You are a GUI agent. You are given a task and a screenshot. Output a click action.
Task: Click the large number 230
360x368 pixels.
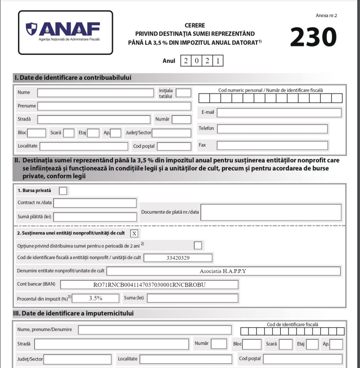[313, 37]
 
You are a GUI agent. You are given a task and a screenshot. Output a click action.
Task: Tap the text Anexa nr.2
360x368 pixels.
[326, 15]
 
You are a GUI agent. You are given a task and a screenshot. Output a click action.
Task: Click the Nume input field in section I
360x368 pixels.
[95, 93]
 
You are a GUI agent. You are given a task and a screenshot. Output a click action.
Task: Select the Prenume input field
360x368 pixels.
[114, 106]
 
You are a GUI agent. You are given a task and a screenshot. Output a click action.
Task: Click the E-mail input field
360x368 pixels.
[279, 112]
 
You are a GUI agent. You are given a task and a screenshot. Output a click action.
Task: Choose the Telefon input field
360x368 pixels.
[272, 129]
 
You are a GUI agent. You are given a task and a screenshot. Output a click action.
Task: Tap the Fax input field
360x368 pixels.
[272, 145]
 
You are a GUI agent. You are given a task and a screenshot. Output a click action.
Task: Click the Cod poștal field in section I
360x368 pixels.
[174, 146]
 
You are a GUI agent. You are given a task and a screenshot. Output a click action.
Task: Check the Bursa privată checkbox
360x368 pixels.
[63, 191]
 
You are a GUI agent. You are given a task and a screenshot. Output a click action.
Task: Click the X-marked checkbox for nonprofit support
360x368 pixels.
[134, 233]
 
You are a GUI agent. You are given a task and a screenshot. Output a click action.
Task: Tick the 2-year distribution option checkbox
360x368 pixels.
[198, 245]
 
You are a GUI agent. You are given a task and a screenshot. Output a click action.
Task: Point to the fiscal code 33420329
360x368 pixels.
[178, 258]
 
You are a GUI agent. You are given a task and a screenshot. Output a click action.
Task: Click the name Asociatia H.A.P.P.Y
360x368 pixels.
[223, 271]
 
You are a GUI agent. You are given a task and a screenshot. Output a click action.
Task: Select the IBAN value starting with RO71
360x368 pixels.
[148, 285]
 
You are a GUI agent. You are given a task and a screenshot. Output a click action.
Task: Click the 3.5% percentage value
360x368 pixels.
[95, 298]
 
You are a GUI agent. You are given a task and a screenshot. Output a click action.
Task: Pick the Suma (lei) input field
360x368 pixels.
[192, 298]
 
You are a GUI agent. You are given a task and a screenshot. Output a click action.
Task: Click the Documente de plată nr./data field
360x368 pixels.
[270, 212]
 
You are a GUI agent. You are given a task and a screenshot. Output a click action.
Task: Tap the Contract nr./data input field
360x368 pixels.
[95, 203]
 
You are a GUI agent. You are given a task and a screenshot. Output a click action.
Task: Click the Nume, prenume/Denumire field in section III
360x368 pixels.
[155, 330]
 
